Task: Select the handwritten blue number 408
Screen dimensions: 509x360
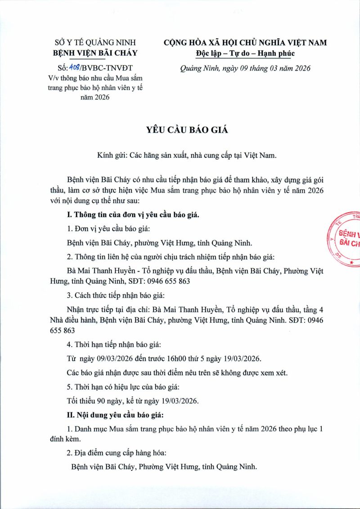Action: coord(73,68)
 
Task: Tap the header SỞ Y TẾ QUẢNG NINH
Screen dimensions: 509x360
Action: coord(95,43)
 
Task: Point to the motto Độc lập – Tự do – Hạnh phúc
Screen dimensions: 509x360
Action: coord(245,54)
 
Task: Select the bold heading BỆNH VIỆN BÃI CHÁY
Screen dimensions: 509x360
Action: coord(95,54)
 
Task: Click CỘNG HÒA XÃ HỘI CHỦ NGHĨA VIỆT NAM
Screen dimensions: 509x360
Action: coord(245,43)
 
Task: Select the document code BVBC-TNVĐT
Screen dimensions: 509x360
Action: coord(108,68)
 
